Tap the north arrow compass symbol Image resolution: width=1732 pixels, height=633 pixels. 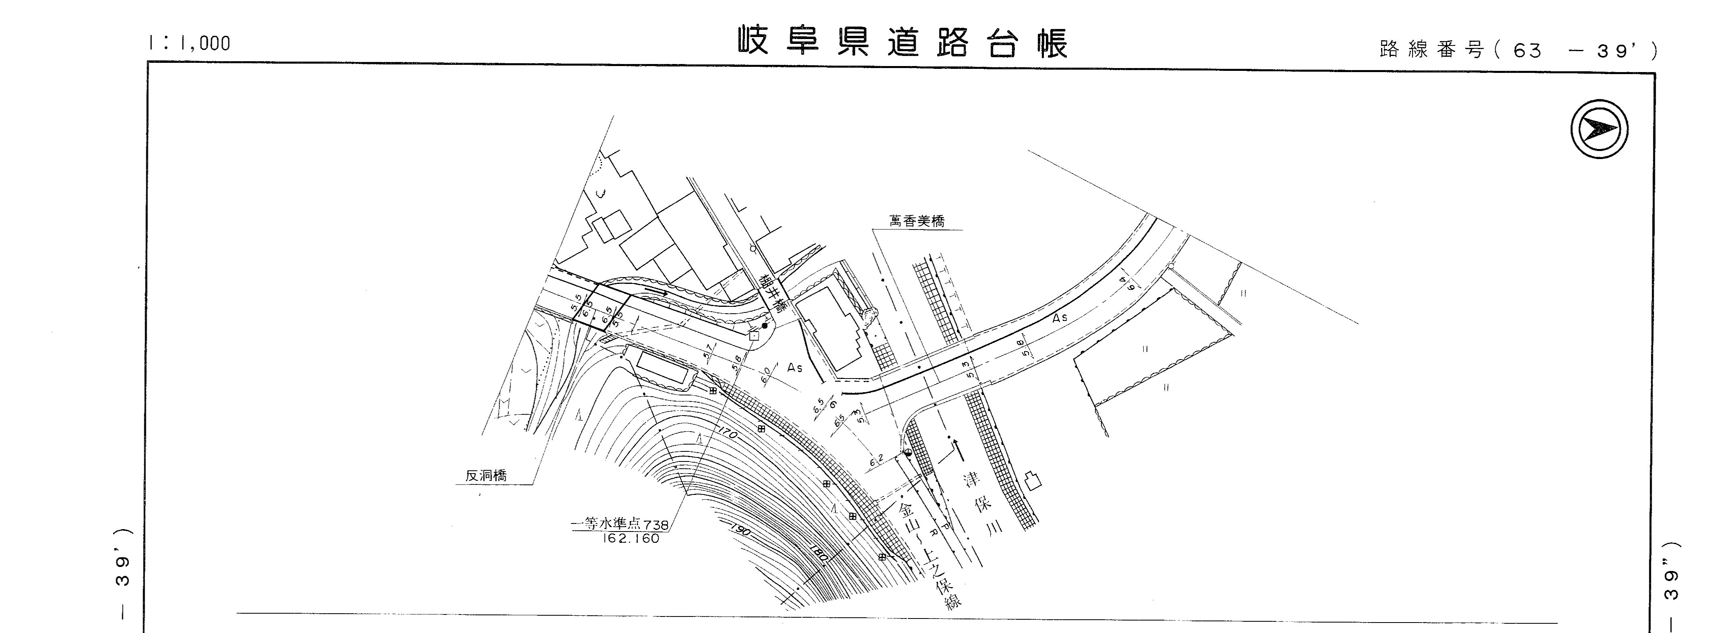1599,129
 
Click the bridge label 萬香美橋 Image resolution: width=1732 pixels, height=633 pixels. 917,221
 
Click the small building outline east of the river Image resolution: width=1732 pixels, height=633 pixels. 1032,480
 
